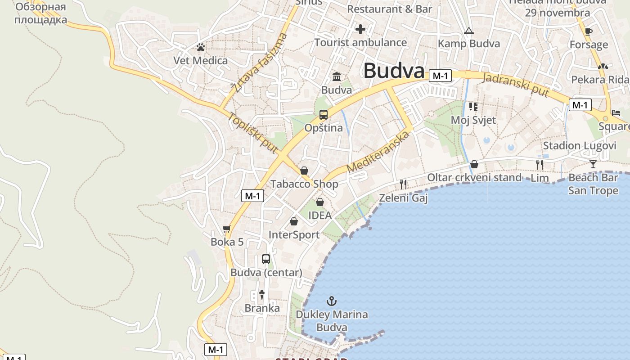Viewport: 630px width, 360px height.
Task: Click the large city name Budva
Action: click(394, 71)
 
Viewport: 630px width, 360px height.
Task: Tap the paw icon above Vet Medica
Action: click(201, 47)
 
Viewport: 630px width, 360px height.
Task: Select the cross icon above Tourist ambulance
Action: click(360, 30)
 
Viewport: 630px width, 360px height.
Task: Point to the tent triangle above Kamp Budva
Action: click(469, 31)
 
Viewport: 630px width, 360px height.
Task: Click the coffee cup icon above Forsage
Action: click(588, 31)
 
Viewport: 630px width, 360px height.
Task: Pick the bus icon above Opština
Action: click(323, 115)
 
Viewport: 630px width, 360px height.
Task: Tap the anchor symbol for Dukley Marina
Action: click(332, 301)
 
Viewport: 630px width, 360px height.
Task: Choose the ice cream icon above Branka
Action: click(262, 295)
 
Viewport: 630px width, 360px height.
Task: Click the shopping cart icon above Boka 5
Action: click(227, 229)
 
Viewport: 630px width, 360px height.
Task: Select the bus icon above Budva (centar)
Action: click(266, 259)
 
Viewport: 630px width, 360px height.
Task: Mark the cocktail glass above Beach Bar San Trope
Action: click(593, 164)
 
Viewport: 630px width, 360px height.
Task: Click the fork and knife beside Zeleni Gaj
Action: click(403, 184)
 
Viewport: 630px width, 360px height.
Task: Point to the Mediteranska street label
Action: click(379, 152)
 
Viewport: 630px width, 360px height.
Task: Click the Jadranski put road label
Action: click(515, 84)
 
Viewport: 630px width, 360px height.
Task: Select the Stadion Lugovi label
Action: click(579, 145)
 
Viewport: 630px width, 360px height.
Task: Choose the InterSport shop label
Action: click(294, 234)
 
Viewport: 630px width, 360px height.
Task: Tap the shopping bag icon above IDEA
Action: click(319, 202)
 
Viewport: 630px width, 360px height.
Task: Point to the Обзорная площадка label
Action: click(40, 13)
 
